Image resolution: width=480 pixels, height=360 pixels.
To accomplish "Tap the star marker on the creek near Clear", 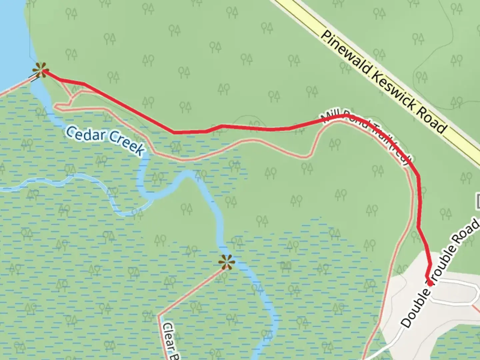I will (x=227, y=262).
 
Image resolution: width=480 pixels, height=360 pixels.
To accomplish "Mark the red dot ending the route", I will (x=430, y=283).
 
